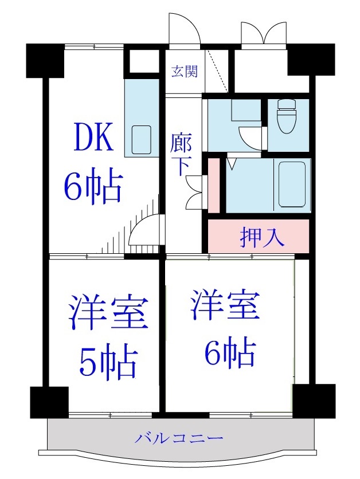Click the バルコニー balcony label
tap(179, 439)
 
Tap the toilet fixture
tap(285, 117)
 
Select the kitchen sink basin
tap(141, 138)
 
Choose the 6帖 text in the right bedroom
tap(228, 353)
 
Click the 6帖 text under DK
tap(93, 186)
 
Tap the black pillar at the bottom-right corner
tap(313, 400)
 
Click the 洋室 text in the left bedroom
tap(108, 313)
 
